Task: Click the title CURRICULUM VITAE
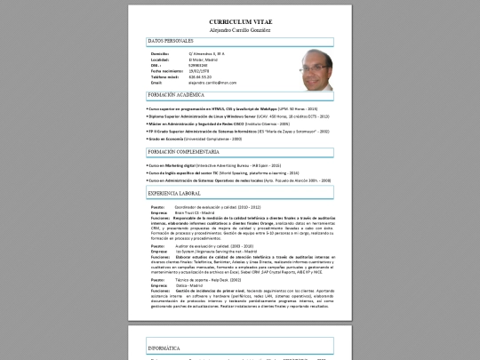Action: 240,20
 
